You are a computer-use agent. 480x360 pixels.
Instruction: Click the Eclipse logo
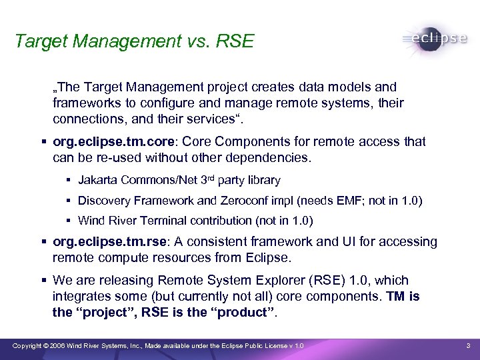click(434, 38)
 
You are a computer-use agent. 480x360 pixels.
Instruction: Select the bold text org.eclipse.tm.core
click(116, 141)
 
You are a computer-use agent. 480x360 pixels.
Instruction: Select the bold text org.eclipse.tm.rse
click(114, 241)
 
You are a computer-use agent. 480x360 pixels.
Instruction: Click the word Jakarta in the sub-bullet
click(97, 180)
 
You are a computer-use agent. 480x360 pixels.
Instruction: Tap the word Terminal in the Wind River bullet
click(161, 220)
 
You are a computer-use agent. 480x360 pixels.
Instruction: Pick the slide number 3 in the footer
click(468, 345)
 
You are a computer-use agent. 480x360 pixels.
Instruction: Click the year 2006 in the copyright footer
click(57, 345)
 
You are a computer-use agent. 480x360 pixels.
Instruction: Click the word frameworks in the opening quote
click(83, 104)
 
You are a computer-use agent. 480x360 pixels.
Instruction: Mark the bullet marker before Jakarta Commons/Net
click(69, 180)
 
